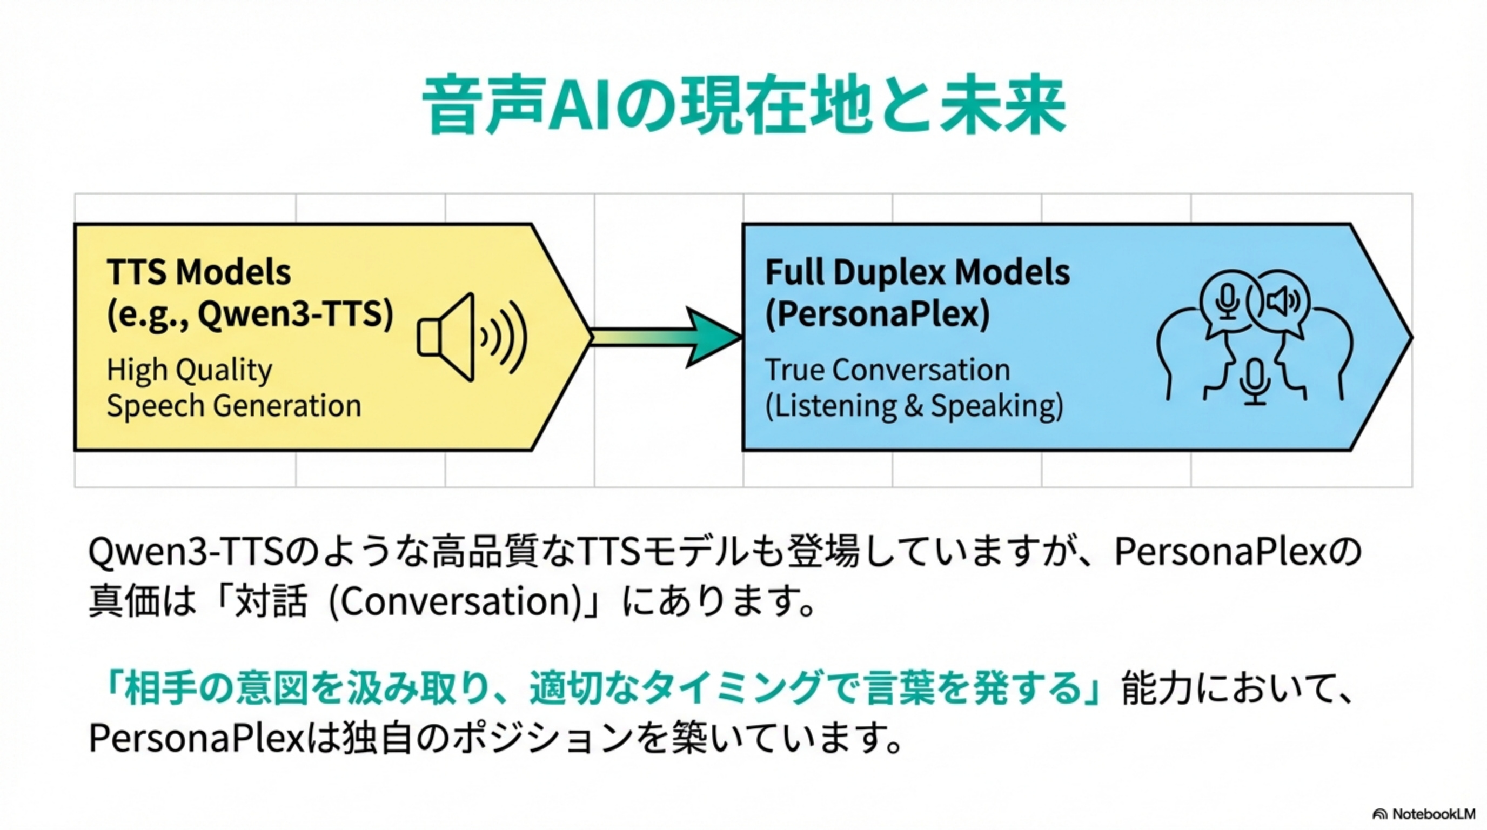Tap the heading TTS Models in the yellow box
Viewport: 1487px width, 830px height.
pyautogui.click(x=199, y=272)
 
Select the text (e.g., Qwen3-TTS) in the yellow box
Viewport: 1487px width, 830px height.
pyautogui.click(x=250, y=314)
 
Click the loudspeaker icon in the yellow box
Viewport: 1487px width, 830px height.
pyautogui.click(x=471, y=337)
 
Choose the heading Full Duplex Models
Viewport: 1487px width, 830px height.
pyautogui.click(x=916, y=272)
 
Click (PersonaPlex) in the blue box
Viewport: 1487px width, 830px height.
pyautogui.click(x=877, y=314)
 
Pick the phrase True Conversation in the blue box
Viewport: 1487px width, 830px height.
pyautogui.click(x=887, y=370)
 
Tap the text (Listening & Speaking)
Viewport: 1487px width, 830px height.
pyautogui.click(x=914, y=406)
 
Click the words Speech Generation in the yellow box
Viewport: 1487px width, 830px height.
pyautogui.click(x=234, y=406)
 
